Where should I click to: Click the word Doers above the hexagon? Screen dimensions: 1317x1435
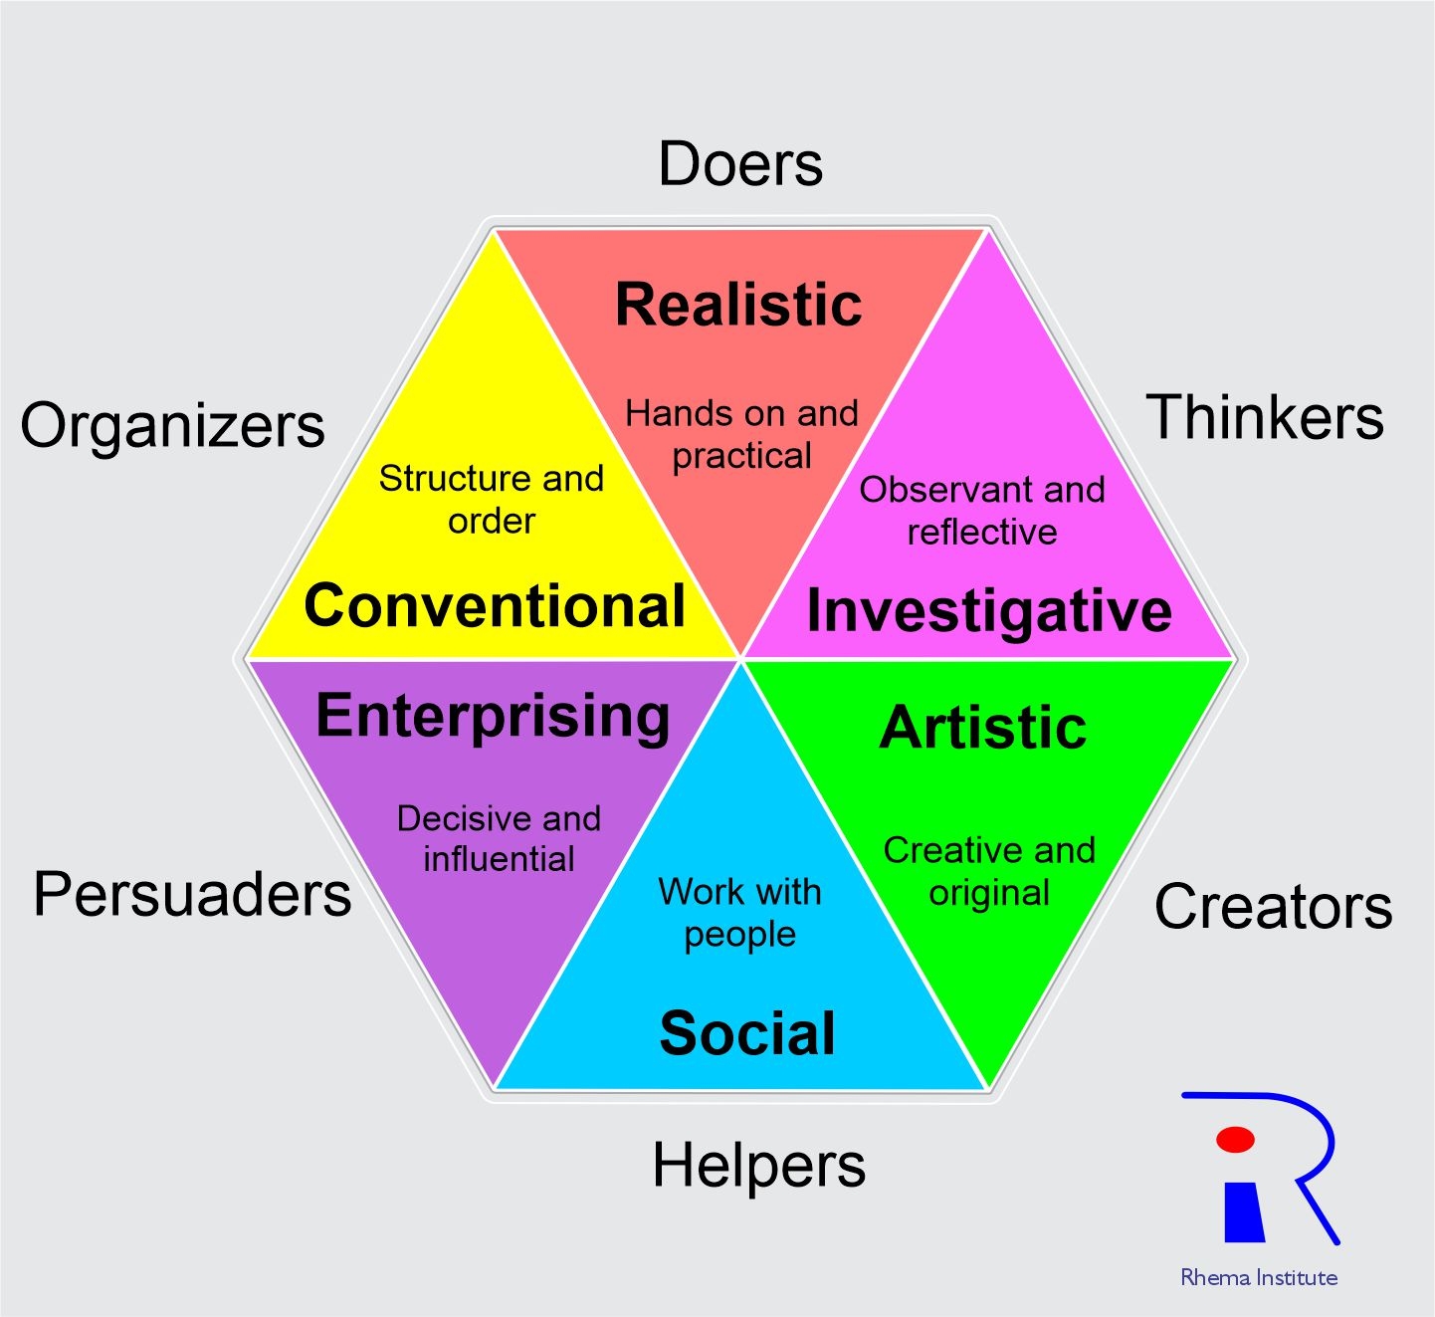[740, 164]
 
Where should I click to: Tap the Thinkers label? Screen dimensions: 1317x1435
[1265, 417]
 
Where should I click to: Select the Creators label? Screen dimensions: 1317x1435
[1273, 907]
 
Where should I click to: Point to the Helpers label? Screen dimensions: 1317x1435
[758, 1165]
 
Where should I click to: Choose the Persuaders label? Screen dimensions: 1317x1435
[192, 894]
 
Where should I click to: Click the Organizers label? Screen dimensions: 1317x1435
[172, 426]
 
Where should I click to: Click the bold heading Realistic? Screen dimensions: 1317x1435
[738, 304]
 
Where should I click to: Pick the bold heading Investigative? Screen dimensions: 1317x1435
[988, 610]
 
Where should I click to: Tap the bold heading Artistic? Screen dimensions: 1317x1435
[983, 727]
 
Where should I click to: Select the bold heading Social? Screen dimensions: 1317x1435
[747, 1033]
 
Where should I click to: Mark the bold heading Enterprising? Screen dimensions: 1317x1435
[493, 716]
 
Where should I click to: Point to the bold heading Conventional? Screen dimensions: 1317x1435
[495, 605]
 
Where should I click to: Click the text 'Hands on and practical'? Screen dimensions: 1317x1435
[741, 434]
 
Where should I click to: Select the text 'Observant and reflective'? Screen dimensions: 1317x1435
[982, 511]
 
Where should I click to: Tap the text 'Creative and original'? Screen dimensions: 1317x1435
[989, 871]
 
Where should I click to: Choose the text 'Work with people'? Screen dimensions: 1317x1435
[739, 913]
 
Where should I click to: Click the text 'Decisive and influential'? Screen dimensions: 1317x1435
[499, 838]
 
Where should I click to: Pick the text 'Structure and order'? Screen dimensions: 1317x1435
[492, 499]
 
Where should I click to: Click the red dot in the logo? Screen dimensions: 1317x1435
[1235, 1139]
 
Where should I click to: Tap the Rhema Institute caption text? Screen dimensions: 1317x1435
[1259, 1277]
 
